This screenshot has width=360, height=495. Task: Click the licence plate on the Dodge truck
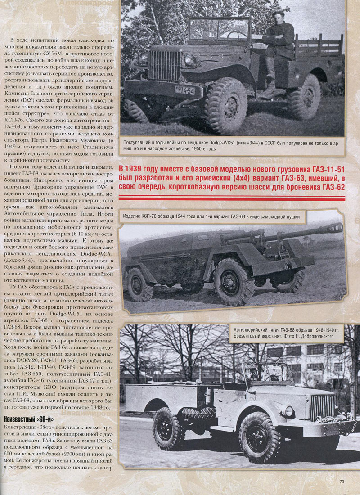[185, 90]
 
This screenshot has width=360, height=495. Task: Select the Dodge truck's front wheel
[227, 105]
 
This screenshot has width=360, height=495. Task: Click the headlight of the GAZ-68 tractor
[289, 411]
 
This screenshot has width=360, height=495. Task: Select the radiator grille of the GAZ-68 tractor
[322, 407]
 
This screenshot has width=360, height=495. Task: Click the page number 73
[342, 482]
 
